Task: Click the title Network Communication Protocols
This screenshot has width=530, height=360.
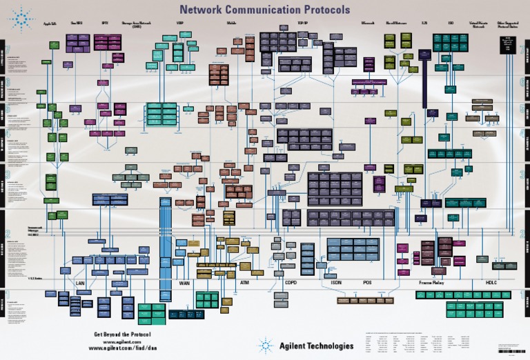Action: [264, 10]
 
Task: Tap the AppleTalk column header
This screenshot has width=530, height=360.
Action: [50, 23]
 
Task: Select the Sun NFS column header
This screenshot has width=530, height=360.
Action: [77, 23]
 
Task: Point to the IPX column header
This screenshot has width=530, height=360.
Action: [104, 23]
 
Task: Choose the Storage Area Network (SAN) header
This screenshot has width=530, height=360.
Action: [136, 25]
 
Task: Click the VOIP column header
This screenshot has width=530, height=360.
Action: [180, 23]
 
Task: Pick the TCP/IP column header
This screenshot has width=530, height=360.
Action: [302, 23]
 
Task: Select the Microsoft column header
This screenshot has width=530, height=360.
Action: [368, 23]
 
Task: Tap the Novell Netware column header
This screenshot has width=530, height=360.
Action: [396, 23]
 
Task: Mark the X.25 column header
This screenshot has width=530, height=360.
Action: [424, 23]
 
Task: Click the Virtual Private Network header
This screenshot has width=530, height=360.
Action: [478, 25]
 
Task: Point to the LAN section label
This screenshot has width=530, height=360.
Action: [79, 283]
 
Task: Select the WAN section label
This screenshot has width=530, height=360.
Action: [184, 283]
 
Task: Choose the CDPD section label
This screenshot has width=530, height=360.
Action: [291, 283]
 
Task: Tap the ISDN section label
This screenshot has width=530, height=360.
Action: [336, 283]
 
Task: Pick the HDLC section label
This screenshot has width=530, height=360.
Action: [491, 283]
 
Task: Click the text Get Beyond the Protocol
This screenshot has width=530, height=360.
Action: [122, 334]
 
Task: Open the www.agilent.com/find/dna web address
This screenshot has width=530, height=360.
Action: [122, 348]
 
